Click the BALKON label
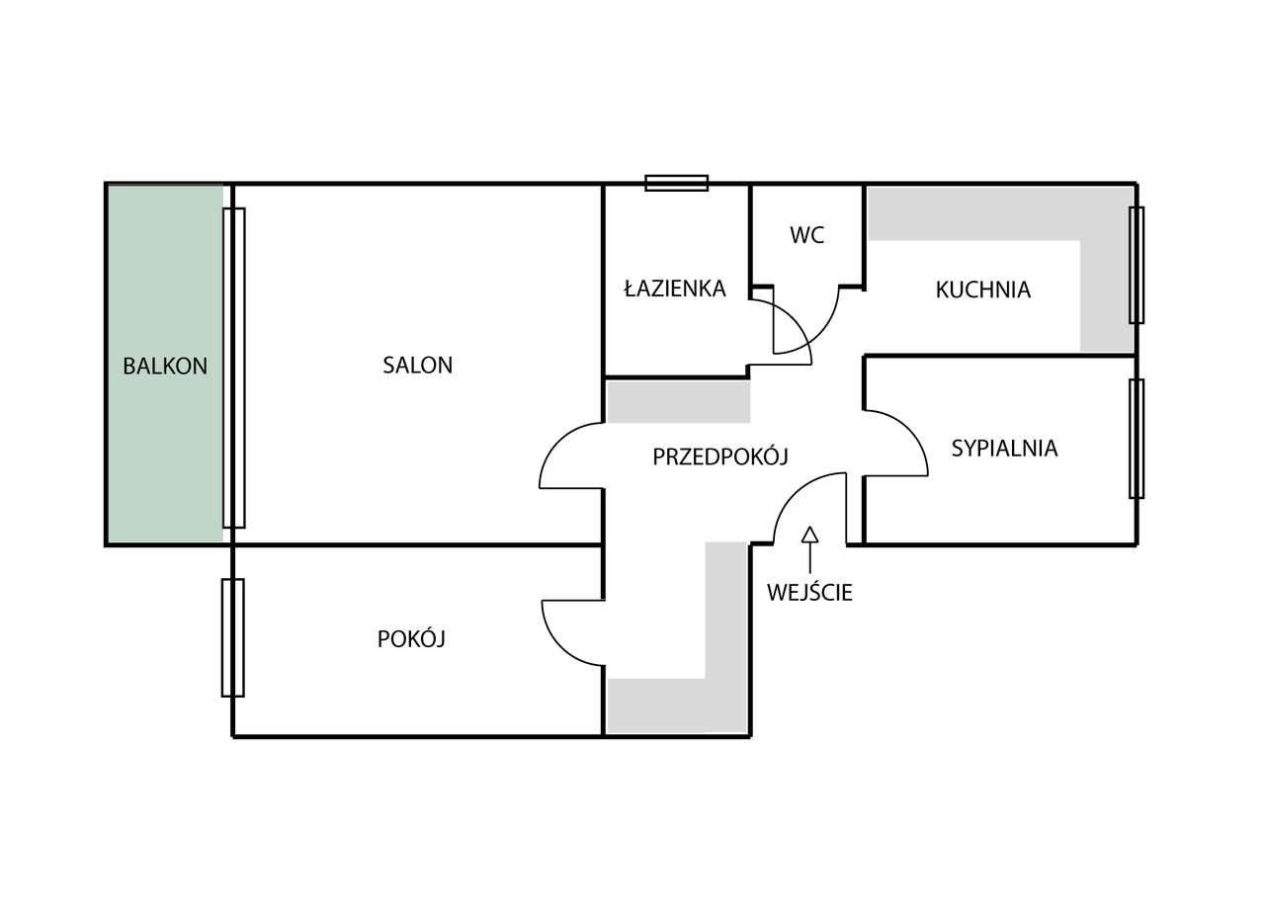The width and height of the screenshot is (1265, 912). (x=165, y=366)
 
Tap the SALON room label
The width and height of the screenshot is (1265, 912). (x=417, y=365)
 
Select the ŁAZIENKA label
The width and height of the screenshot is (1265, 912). (x=675, y=289)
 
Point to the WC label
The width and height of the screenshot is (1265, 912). (x=806, y=235)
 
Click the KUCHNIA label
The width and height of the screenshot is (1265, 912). (x=982, y=290)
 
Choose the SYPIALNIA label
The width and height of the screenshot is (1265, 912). (x=1004, y=448)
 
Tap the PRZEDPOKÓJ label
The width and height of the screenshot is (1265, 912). (x=719, y=456)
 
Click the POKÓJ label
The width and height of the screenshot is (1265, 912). (x=411, y=639)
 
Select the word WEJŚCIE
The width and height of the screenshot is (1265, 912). (x=809, y=593)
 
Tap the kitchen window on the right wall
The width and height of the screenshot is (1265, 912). (x=1137, y=265)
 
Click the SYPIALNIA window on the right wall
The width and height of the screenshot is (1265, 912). (x=1137, y=438)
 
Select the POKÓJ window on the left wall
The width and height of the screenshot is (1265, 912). (x=232, y=637)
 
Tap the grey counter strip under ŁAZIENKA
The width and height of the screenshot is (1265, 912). (x=678, y=401)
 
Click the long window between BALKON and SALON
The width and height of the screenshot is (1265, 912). (x=233, y=367)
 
